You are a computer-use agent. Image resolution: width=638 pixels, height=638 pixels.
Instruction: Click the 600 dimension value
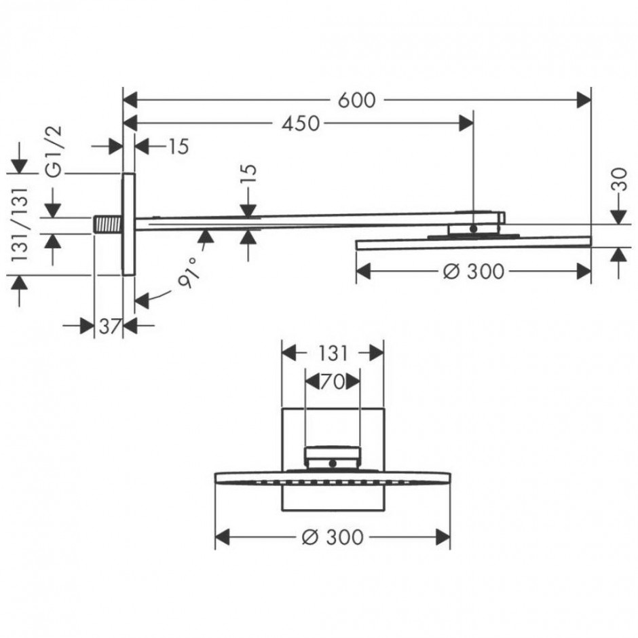(356, 100)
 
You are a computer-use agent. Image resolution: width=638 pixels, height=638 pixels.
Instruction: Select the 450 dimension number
(301, 124)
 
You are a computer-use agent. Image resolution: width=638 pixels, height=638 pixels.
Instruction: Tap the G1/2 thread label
(54, 151)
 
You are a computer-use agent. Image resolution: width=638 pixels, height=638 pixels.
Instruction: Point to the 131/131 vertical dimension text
(20, 224)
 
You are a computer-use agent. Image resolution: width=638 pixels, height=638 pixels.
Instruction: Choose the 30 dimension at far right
(619, 179)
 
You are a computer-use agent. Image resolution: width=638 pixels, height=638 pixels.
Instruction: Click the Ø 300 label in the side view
(474, 271)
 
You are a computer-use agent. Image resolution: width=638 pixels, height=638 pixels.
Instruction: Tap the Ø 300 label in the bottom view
(333, 537)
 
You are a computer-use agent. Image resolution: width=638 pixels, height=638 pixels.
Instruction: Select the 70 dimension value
(333, 382)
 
